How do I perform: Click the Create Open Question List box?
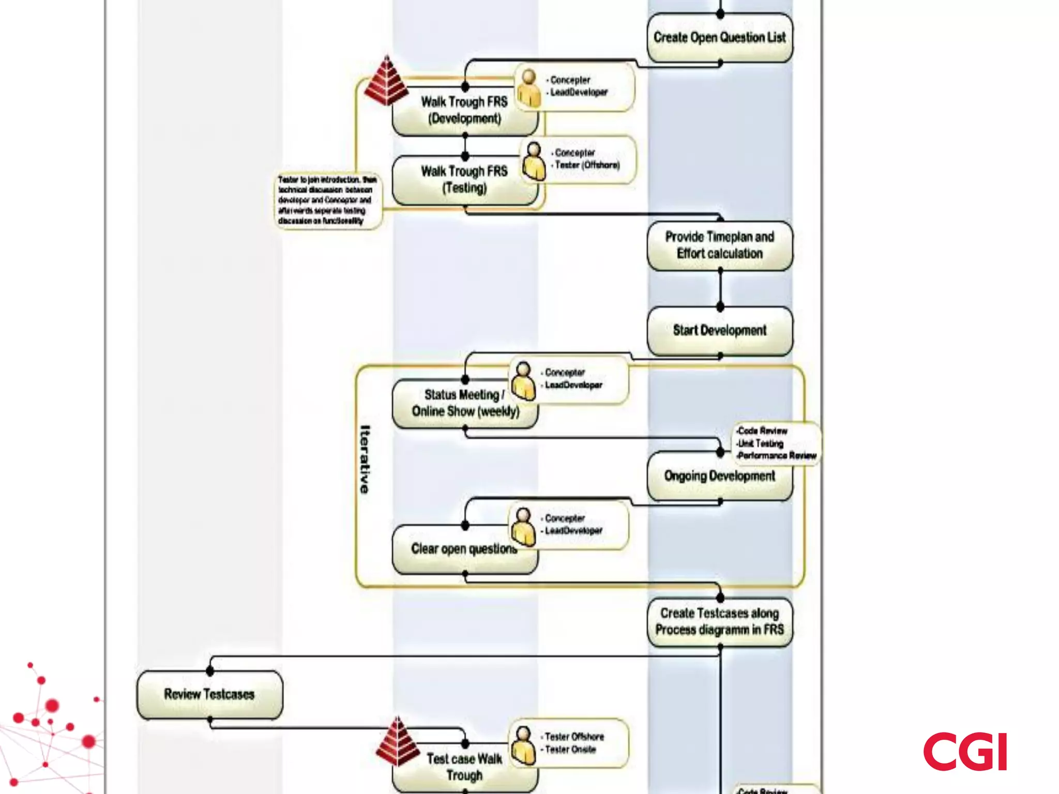(719, 38)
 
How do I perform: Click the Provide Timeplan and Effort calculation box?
(719, 245)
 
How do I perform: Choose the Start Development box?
(719, 330)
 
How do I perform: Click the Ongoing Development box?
(719, 476)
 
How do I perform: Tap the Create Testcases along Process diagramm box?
(719, 621)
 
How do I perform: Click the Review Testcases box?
(209, 694)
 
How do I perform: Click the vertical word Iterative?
(365, 459)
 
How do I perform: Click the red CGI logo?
(965, 752)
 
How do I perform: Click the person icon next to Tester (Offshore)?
(533, 161)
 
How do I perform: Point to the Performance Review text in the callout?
(777, 455)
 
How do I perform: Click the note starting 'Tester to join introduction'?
(327, 200)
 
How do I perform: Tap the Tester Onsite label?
(571, 750)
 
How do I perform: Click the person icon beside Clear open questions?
(523, 527)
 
